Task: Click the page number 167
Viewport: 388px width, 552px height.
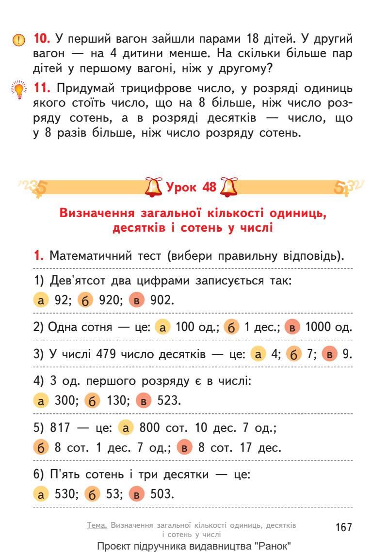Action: click(343, 527)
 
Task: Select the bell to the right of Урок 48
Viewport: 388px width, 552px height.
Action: click(229, 187)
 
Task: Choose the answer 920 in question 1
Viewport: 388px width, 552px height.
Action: click(109, 300)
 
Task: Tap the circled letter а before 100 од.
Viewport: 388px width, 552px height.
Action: click(162, 327)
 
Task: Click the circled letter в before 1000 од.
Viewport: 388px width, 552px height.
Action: click(292, 327)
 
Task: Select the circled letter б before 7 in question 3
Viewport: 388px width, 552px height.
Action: click(293, 354)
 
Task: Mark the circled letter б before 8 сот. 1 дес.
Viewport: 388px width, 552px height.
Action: click(41, 447)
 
